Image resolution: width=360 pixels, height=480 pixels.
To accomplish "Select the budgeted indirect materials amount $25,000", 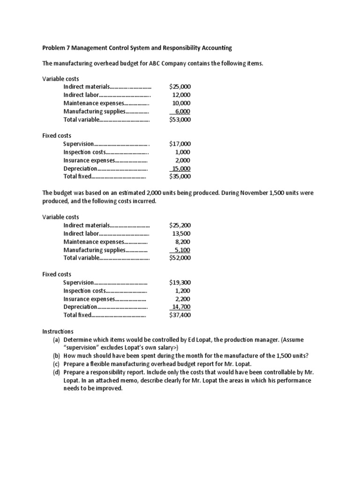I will point(180,87).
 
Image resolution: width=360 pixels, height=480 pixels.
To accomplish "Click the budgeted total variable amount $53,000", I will point(180,120).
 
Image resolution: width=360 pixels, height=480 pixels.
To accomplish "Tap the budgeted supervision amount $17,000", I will point(180,144).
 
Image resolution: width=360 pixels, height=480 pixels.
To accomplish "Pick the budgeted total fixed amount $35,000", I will point(180,177).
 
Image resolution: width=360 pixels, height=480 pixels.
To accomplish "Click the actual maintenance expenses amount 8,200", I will point(183,241).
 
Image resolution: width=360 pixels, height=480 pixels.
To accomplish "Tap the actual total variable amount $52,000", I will point(180,258).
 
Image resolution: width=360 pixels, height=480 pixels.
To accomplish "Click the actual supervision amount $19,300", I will point(180,283).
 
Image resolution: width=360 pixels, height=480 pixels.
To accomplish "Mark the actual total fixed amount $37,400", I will point(180,315).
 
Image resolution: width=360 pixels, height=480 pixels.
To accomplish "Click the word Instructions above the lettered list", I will point(58,331).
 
